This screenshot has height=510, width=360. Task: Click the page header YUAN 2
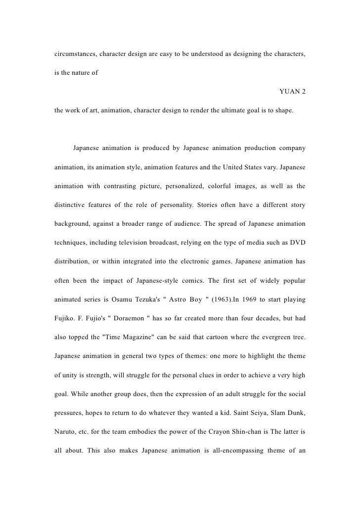click(292, 91)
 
